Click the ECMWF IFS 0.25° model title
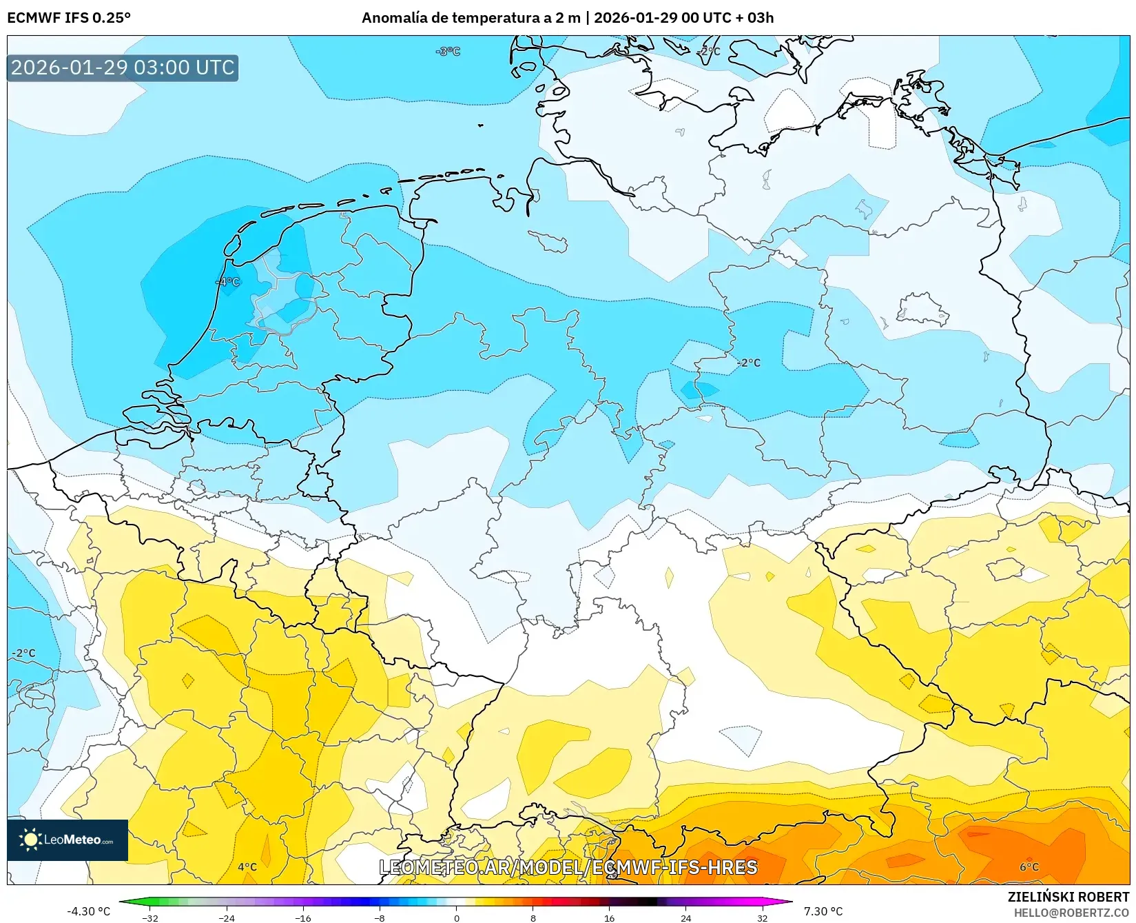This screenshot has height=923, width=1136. pyautogui.click(x=68, y=17)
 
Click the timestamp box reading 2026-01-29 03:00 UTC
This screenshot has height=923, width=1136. pyautogui.click(x=123, y=68)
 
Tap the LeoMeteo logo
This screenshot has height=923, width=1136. pyautogui.click(x=68, y=840)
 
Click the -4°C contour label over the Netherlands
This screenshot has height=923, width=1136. pyautogui.click(x=228, y=282)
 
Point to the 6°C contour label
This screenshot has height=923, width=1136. pyautogui.click(x=1029, y=867)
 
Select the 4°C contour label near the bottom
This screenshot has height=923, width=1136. pyautogui.click(x=247, y=867)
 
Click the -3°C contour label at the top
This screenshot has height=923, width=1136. pyautogui.click(x=448, y=51)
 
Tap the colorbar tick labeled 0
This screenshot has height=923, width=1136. pyautogui.click(x=456, y=917)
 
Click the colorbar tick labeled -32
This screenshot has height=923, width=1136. pyautogui.click(x=150, y=917)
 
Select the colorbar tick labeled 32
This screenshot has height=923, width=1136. pyautogui.click(x=762, y=917)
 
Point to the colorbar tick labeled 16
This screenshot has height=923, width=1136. pyautogui.click(x=609, y=917)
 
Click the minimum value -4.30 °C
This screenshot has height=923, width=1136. pyautogui.click(x=88, y=911)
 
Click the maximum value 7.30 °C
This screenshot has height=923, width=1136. pyautogui.click(x=823, y=911)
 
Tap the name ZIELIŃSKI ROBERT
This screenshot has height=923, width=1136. pyautogui.click(x=1068, y=897)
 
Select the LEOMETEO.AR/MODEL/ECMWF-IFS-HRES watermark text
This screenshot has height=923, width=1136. pyautogui.click(x=568, y=867)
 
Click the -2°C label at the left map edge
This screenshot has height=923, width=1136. pyautogui.click(x=23, y=653)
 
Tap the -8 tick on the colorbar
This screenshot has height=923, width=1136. pyautogui.click(x=380, y=917)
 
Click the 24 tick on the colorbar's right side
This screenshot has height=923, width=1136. pyautogui.click(x=685, y=917)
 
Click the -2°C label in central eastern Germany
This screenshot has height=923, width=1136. pyautogui.click(x=749, y=363)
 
